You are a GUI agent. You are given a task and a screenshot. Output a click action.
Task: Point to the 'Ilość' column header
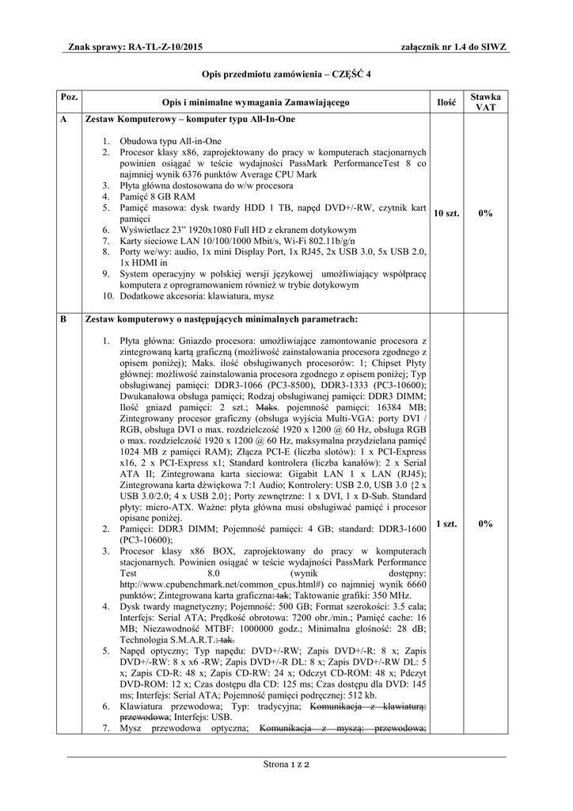[x=446, y=102]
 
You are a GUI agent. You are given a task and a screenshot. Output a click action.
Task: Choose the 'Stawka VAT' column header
[x=485, y=102]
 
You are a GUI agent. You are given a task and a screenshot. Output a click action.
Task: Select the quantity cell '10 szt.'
[x=446, y=213]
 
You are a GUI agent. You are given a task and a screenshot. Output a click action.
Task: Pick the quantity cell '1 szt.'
[x=446, y=524]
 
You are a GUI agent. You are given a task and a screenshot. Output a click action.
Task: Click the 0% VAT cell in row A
[x=485, y=213]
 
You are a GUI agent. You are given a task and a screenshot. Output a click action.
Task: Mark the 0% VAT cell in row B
[x=485, y=524]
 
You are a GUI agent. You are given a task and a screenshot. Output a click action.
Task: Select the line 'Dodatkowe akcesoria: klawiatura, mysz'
[x=197, y=295]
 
